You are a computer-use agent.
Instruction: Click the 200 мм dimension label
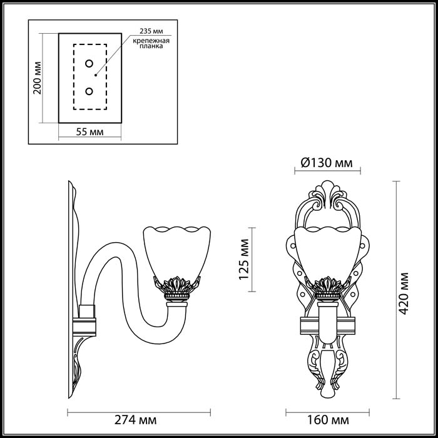pyautogui.click(x=37, y=78)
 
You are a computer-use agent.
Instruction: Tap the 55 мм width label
pyautogui.click(x=89, y=131)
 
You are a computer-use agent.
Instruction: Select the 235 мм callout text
pyautogui.click(x=151, y=31)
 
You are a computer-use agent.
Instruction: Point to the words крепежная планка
pyautogui.click(x=151, y=43)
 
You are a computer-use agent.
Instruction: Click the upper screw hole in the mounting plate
pyautogui.click(x=89, y=64)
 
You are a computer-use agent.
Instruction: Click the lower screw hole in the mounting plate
pyautogui.click(x=89, y=91)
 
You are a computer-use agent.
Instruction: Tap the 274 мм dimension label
pyautogui.click(x=136, y=420)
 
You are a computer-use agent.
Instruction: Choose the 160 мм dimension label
pyautogui.click(x=328, y=420)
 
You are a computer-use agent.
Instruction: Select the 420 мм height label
pyautogui.click(x=404, y=293)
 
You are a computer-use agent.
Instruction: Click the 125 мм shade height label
pyautogui.click(x=244, y=259)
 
